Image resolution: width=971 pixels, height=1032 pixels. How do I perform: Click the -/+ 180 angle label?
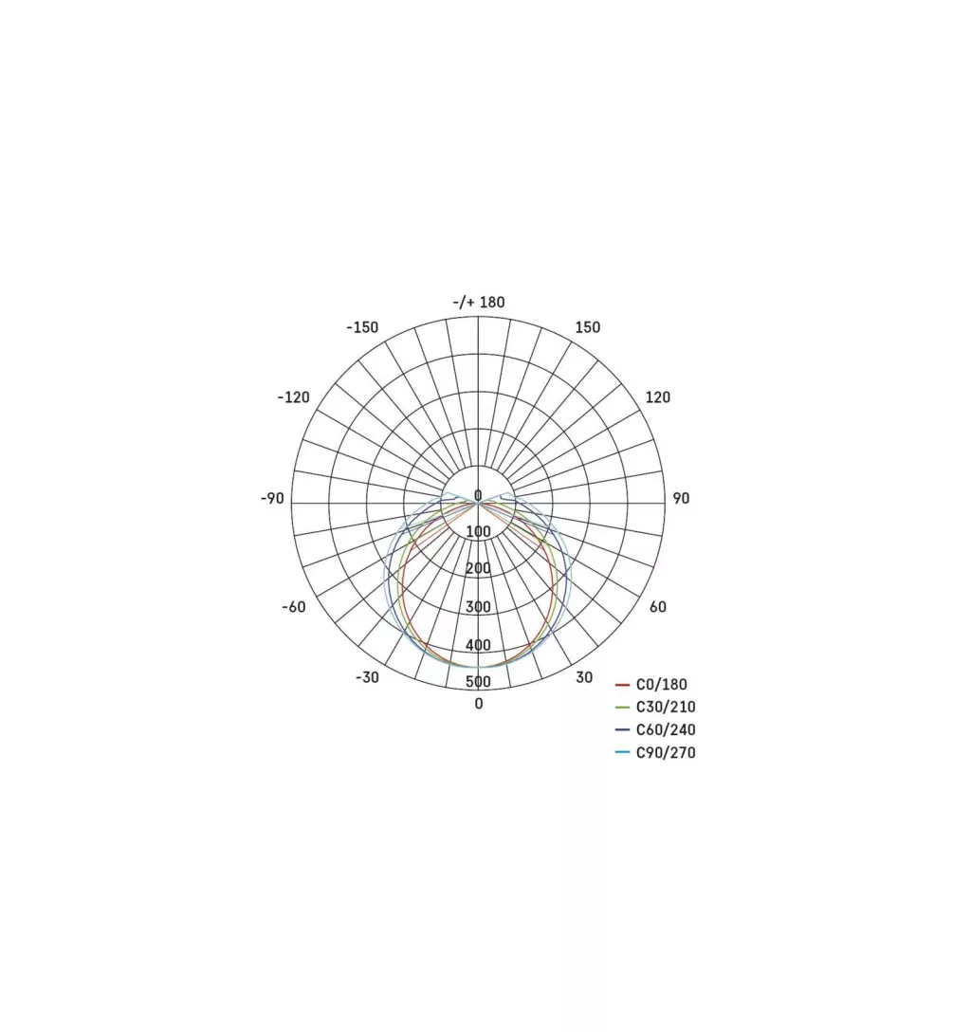click(478, 302)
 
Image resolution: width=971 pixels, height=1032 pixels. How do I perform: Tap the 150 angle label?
click(588, 327)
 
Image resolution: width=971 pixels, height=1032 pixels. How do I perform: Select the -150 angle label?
click(362, 327)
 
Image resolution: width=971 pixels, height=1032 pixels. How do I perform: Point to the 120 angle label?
click(657, 396)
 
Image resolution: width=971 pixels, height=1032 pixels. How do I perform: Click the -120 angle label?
click(293, 396)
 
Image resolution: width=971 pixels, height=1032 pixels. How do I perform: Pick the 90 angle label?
click(681, 498)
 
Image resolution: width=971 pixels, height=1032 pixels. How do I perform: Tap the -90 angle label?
click(272, 498)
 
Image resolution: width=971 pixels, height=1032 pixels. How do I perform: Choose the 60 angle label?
click(658, 607)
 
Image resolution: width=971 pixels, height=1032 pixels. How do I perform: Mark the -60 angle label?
click(294, 607)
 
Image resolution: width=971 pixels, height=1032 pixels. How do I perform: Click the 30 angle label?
click(584, 677)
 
